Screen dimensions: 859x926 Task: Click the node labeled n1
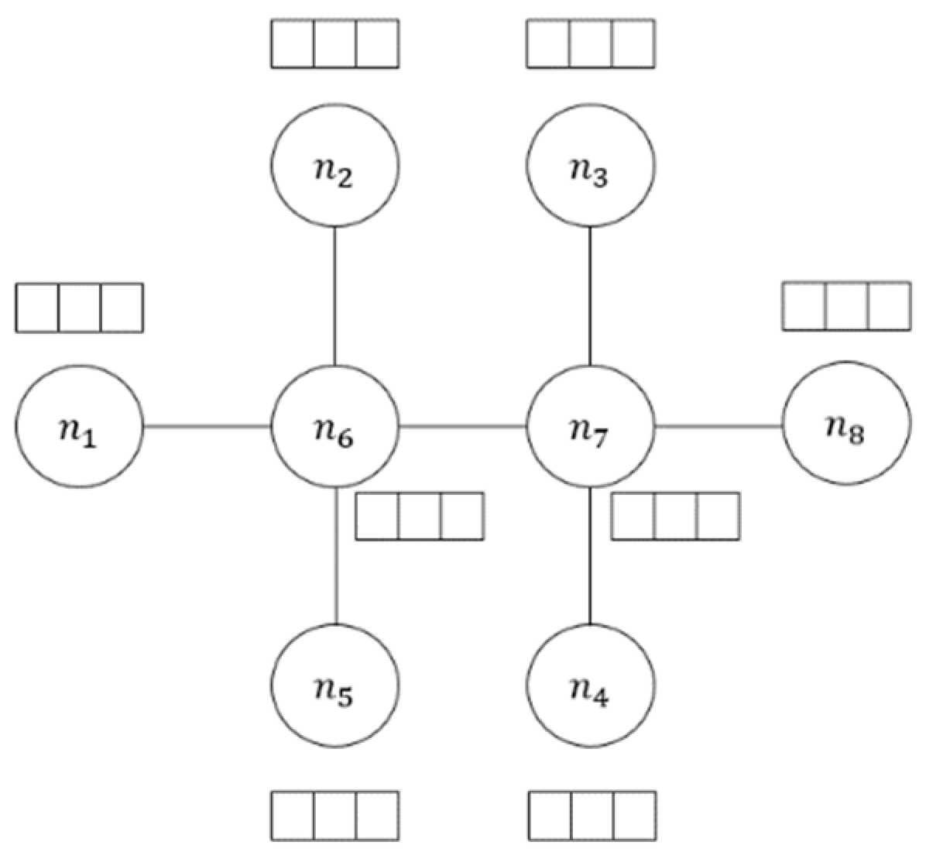(78, 427)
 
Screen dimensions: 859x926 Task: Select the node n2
(334, 166)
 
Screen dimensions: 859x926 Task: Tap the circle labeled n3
(591, 166)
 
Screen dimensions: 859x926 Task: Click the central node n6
(334, 427)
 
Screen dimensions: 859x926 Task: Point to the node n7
(591, 427)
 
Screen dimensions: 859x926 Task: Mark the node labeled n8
(846, 427)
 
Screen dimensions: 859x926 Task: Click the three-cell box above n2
(334, 43)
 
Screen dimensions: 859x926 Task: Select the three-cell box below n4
(592, 815)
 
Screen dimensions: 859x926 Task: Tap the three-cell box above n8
(846, 307)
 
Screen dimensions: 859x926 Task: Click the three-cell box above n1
(79, 308)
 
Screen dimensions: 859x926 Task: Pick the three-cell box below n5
(334, 815)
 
